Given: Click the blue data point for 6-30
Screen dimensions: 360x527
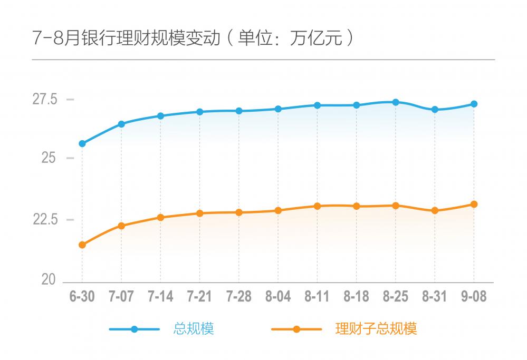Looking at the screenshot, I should (x=82, y=143).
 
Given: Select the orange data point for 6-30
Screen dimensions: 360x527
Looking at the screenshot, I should (x=82, y=245).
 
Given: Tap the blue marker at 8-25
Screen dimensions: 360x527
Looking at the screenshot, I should (x=396, y=102).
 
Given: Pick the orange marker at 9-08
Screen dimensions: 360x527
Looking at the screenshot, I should (x=474, y=204).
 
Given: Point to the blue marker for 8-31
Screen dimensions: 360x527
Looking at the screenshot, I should (x=435, y=110).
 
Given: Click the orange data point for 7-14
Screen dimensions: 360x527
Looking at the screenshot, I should (x=161, y=217).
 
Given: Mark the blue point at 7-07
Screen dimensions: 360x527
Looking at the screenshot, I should (x=121, y=124).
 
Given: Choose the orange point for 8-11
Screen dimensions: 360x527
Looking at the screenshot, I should (x=317, y=206).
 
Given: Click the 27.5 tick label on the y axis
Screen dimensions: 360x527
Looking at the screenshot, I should (x=45, y=99).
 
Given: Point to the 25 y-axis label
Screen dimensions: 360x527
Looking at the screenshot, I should (x=49, y=158).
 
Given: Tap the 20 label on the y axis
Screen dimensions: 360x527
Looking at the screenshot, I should (x=49, y=280).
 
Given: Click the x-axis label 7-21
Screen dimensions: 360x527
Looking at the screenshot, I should (x=200, y=297).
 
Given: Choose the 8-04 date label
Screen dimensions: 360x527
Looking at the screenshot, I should (x=278, y=297).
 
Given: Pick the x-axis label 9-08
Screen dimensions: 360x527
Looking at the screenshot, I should (x=474, y=297).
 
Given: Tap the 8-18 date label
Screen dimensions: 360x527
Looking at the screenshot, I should (x=357, y=297).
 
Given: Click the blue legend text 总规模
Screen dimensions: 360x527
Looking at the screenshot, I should (x=194, y=329).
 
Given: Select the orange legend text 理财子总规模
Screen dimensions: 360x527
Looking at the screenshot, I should (x=376, y=329).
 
